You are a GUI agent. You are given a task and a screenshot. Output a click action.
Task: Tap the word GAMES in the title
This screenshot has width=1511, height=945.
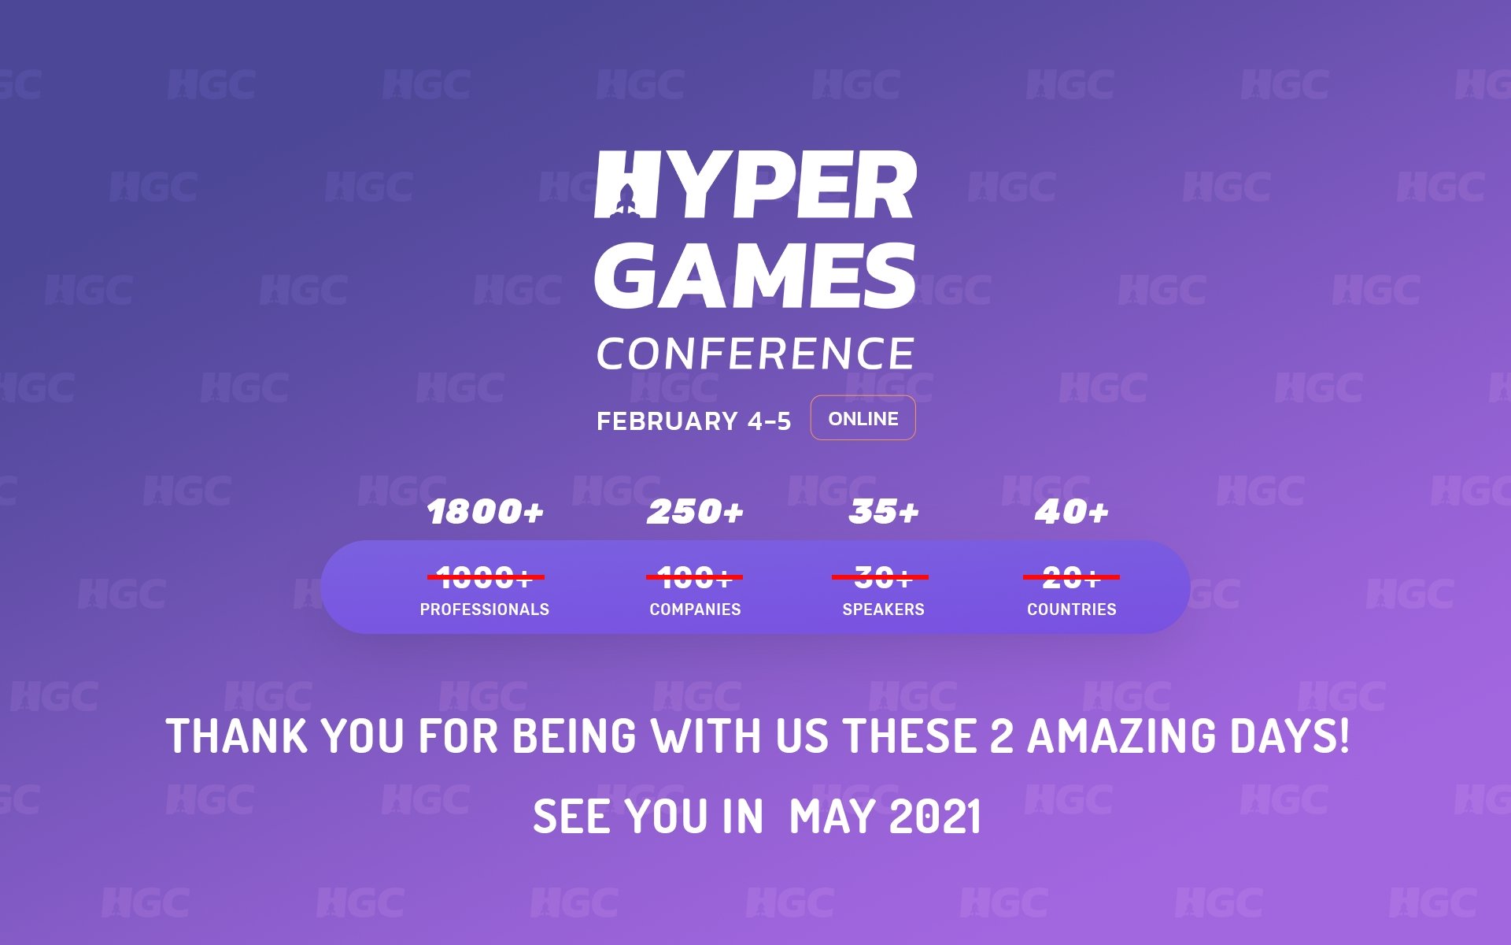755,275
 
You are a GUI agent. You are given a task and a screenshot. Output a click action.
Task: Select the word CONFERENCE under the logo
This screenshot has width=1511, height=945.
755,354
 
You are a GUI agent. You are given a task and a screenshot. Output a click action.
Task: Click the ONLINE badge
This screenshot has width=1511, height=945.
863,418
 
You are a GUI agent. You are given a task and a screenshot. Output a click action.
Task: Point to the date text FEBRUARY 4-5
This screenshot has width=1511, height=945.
693,421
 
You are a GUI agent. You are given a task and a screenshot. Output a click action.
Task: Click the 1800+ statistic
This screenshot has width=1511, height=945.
485,512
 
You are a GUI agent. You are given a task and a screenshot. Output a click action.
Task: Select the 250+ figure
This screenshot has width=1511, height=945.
695,512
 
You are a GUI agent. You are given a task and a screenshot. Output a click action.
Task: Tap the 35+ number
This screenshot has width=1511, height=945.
883,512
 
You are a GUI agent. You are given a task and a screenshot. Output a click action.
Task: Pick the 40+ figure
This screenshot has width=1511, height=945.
1071,512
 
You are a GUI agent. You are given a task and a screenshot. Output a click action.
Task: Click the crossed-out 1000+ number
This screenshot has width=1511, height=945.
485,577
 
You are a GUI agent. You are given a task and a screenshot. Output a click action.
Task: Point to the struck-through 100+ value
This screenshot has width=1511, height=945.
694,577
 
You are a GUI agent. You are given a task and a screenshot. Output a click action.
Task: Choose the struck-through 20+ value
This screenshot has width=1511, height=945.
1071,577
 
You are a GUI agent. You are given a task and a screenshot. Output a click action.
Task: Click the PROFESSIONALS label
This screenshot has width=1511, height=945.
485,610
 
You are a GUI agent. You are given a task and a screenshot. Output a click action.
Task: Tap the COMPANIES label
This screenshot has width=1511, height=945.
695,610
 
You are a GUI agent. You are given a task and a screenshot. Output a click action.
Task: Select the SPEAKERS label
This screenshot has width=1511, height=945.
883,610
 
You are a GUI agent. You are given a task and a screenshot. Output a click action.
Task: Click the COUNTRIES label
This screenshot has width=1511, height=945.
1071,610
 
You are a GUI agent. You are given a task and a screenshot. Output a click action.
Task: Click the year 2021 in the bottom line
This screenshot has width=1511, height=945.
935,817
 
